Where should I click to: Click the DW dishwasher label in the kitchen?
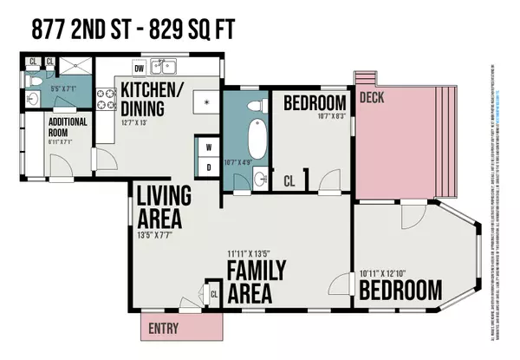139,68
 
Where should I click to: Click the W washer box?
209,147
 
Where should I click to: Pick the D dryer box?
209,167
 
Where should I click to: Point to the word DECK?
373,98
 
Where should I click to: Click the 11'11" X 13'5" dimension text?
254,255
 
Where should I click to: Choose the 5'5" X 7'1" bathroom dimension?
64,88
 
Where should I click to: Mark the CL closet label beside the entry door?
214,294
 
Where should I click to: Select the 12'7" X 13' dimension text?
140,121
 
